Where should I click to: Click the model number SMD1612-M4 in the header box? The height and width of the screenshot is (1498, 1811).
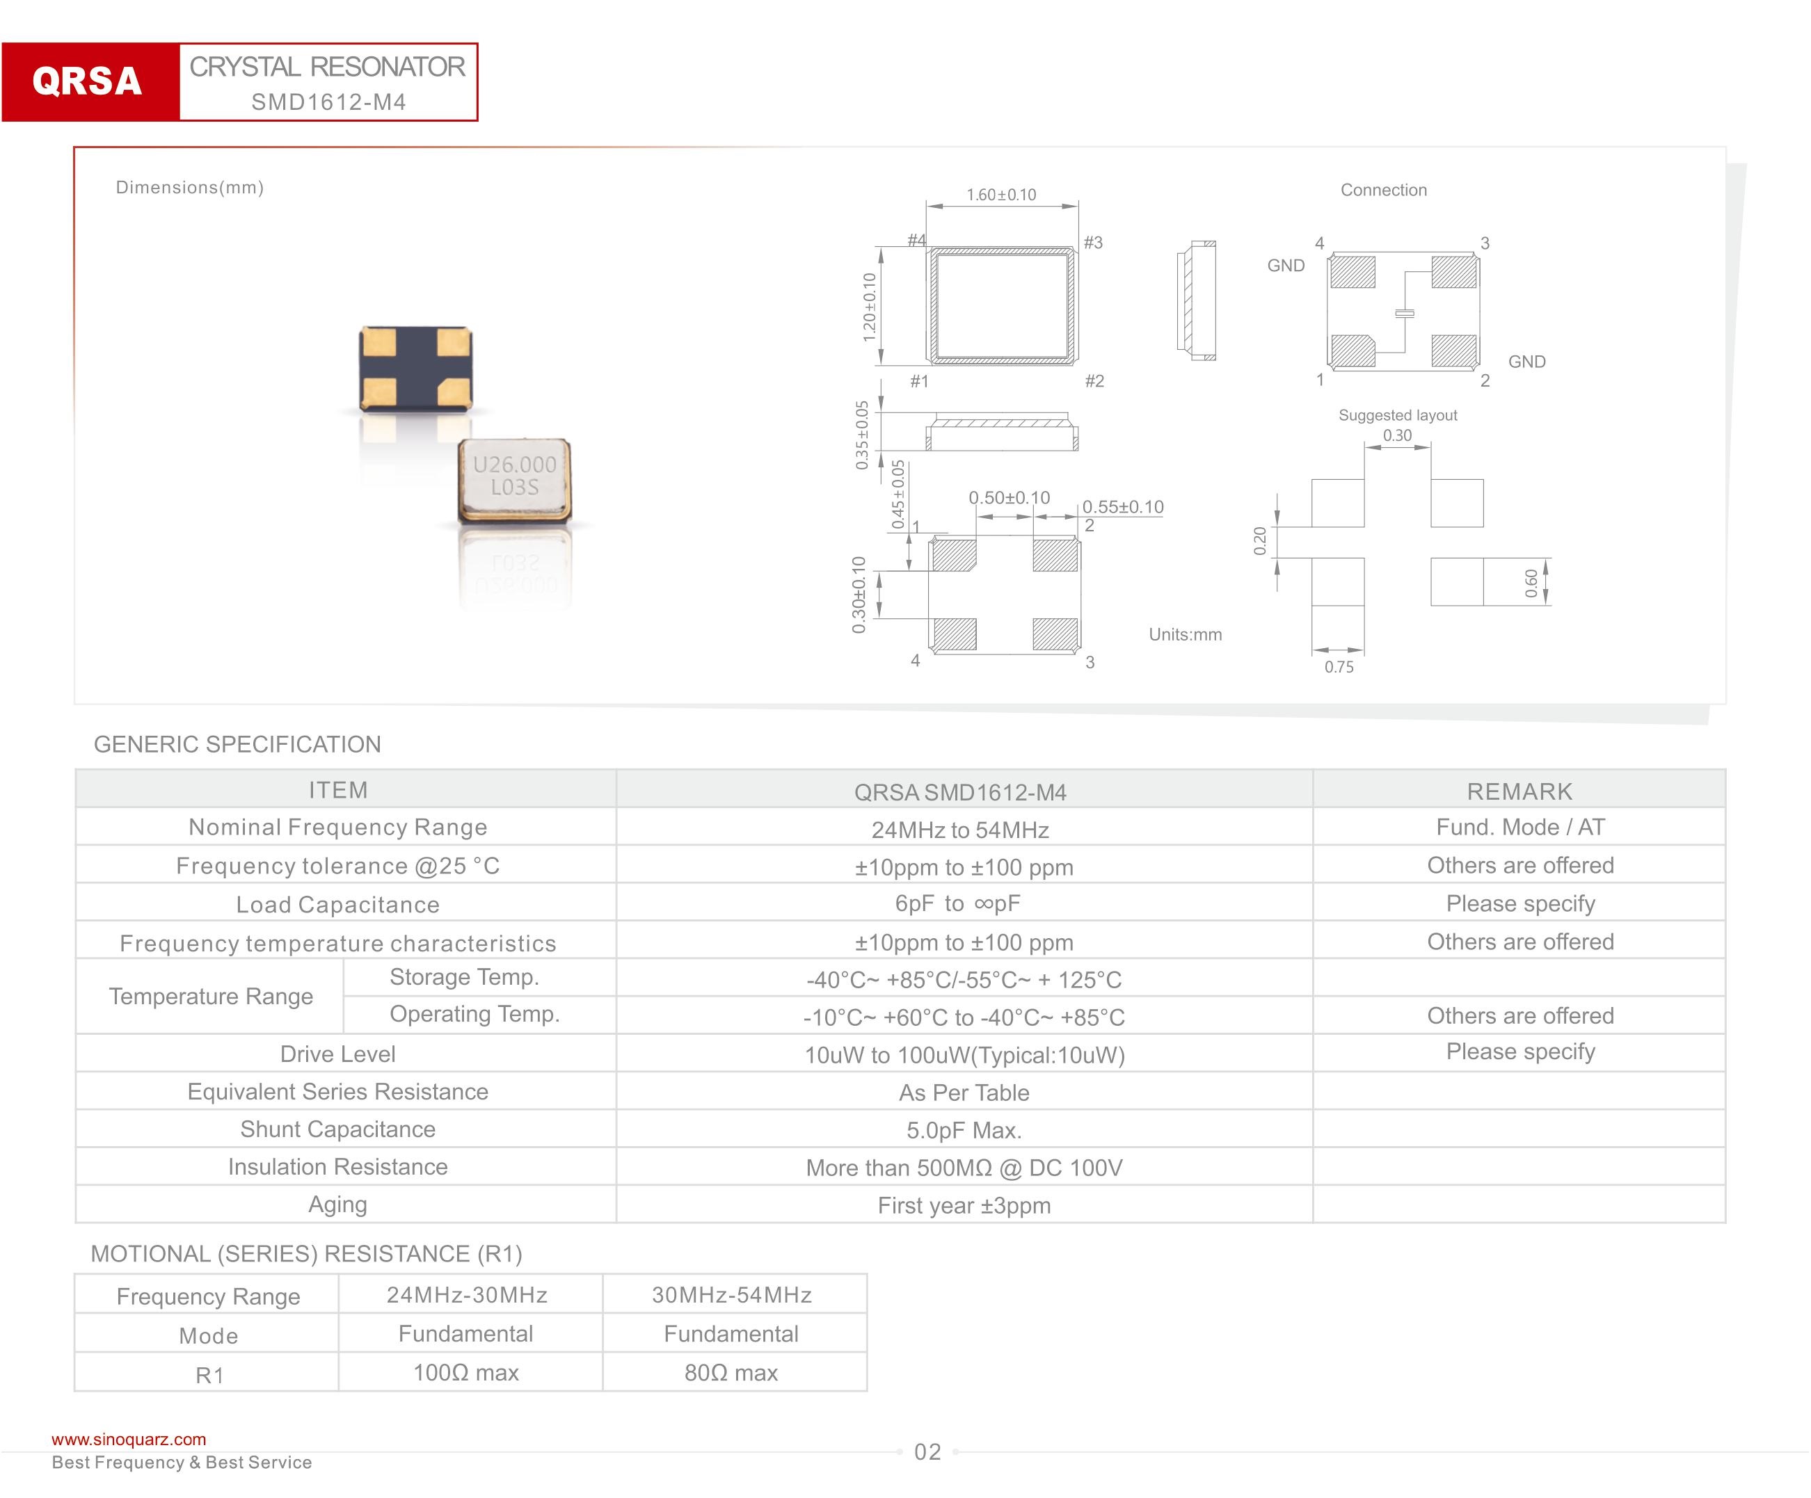[x=328, y=102]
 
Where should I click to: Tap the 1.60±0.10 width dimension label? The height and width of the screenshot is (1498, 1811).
[x=1001, y=195]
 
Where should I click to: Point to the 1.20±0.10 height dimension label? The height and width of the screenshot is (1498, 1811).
[x=869, y=307]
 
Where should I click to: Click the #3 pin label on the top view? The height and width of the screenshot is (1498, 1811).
[x=1094, y=243]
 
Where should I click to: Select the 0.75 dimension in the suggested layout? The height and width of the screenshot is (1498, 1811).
[x=1339, y=666]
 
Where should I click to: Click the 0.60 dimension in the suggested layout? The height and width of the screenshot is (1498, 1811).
[x=1531, y=583]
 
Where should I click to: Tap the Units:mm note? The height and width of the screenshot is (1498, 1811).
[x=1185, y=634]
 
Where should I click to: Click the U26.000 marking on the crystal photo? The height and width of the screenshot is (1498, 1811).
[x=514, y=465]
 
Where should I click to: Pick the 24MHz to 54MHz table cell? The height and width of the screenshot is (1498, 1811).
[x=960, y=830]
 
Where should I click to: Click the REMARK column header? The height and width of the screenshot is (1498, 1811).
[x=1519, y=791]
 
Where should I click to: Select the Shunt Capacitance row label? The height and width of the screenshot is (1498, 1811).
[x=338, y=1129]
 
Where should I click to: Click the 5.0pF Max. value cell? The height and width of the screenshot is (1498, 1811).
[x=964, y=1130]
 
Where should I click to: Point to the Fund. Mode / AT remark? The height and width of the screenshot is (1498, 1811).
[x=1519, y=828]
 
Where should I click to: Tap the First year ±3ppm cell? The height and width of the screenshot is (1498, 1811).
[x=964, y=1205]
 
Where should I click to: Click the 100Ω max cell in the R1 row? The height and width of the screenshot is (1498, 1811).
[x=465, y=1372]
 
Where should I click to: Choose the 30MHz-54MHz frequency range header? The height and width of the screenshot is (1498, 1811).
[x=731, y=1295]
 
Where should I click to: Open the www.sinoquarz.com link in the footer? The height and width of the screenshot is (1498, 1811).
[x=129, y=1440]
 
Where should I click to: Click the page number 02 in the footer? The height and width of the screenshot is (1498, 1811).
[x=927, y=1452]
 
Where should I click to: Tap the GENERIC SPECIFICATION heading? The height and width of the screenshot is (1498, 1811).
[x=237, y=744]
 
